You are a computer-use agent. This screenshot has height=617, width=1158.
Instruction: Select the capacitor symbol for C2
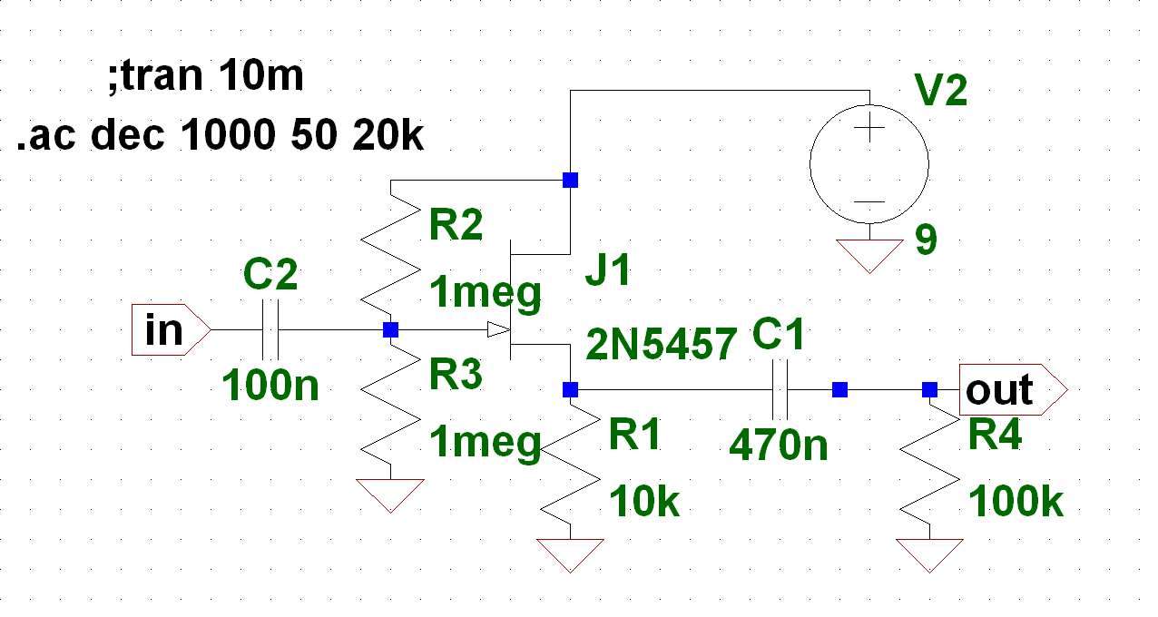[270, 329]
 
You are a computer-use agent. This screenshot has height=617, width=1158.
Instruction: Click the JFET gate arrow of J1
[496, 329]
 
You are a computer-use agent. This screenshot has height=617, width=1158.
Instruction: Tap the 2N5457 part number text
[662, 344]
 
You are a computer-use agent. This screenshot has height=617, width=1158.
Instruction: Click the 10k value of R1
[644, 501]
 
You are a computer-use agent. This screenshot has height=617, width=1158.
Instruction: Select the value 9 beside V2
[925, 241]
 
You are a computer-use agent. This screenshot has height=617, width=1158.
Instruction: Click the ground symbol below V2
[868, 256]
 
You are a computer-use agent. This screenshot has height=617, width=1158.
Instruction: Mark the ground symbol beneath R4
[929, 554]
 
